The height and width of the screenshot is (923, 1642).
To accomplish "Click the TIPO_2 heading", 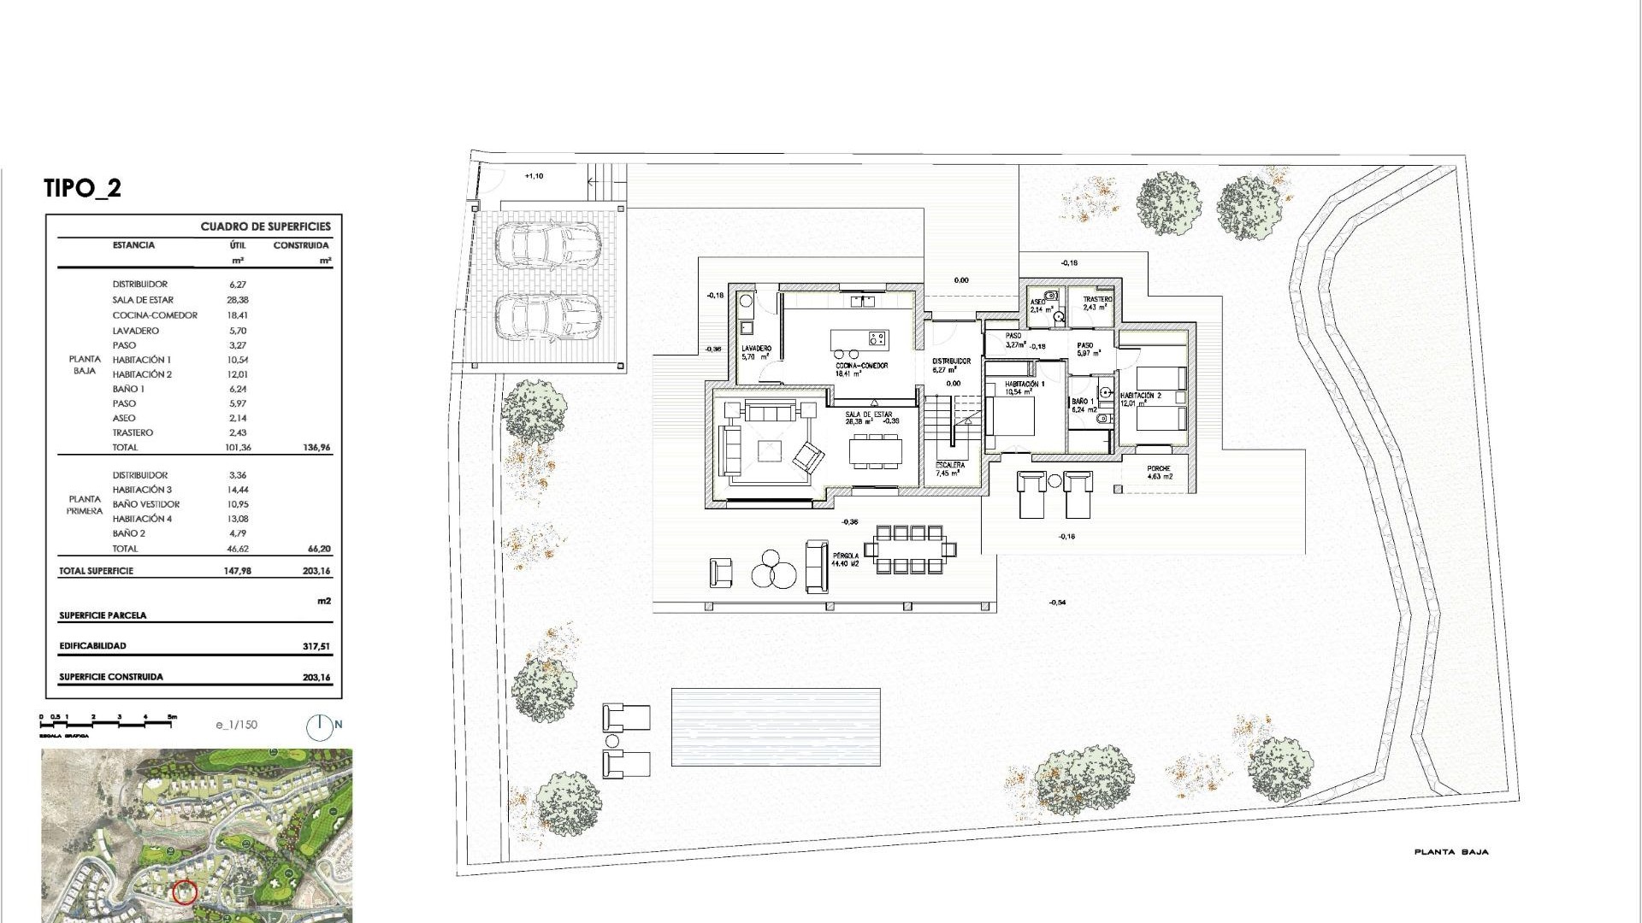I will coord(82,188).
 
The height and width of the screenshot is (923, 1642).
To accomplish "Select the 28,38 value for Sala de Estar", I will coord(232,300).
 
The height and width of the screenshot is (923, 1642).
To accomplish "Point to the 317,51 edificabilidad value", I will coord(316,647).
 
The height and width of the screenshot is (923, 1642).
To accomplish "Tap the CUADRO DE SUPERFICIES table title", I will coord(265,226).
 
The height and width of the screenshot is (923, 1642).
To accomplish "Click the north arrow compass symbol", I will coord(319,726).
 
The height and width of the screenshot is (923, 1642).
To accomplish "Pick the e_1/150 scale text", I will coord(237,725).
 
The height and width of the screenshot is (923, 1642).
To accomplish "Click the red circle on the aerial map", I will coord(185,893).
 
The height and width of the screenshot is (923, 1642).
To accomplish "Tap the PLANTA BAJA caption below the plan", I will coord(1451,852).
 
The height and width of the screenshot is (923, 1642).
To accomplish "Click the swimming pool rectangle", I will coord(775,726).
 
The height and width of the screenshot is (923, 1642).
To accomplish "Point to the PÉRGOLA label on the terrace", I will coord(846,556).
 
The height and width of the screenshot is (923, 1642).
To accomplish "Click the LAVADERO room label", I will coord(757,349).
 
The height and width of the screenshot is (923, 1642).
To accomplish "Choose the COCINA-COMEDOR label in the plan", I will coord(862,366).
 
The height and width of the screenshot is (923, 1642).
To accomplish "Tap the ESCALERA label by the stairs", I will coord(950,465).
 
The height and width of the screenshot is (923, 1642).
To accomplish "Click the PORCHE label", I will coord(1158,469).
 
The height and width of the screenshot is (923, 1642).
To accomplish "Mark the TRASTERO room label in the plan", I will coord(1097,300).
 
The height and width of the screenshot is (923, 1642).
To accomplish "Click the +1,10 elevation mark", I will coord(533,176).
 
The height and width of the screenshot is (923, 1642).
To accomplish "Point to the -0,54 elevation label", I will coord(1057,603).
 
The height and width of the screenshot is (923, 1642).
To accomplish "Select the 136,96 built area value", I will coord(316,448).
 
